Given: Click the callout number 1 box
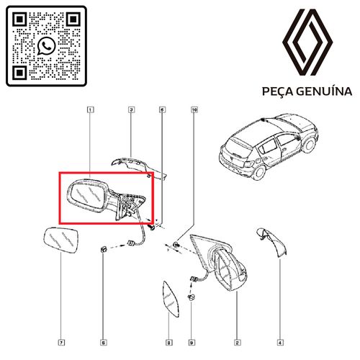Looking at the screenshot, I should click(x=90, y=110).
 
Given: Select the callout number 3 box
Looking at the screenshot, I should click(x=132, y=110).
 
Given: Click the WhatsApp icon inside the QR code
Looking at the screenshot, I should click(x=48, y=46).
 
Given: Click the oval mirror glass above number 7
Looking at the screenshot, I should click(x=63, y=241).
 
